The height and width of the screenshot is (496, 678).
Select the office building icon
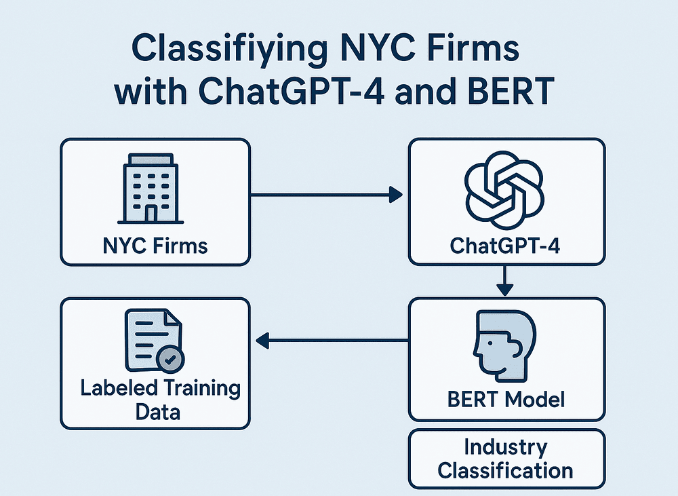click(151, 188)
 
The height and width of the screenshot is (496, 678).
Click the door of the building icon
click(151, 213)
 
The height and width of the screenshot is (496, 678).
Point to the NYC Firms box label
click(155, 246)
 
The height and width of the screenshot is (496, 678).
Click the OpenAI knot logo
click(504, 190)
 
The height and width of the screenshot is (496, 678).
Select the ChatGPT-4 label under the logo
click(505, 246)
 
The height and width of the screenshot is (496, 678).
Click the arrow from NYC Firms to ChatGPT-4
click(327, 195)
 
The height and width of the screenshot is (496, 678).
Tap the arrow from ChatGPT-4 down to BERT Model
click(504, 281)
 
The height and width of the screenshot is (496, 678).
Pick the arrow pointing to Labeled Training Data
click(332, 341)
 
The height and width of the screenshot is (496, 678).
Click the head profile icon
click(504, 345)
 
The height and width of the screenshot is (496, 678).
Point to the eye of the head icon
click(490, 343)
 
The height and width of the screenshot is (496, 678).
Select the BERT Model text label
click(506, 399)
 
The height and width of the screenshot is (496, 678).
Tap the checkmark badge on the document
click(170, 359)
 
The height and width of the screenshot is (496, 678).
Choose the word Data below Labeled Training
click(158, 412)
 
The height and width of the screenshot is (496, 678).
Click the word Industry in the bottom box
click(506, 448)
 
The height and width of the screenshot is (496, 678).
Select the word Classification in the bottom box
click(505, 470)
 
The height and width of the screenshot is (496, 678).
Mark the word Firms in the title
click(473, 47)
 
